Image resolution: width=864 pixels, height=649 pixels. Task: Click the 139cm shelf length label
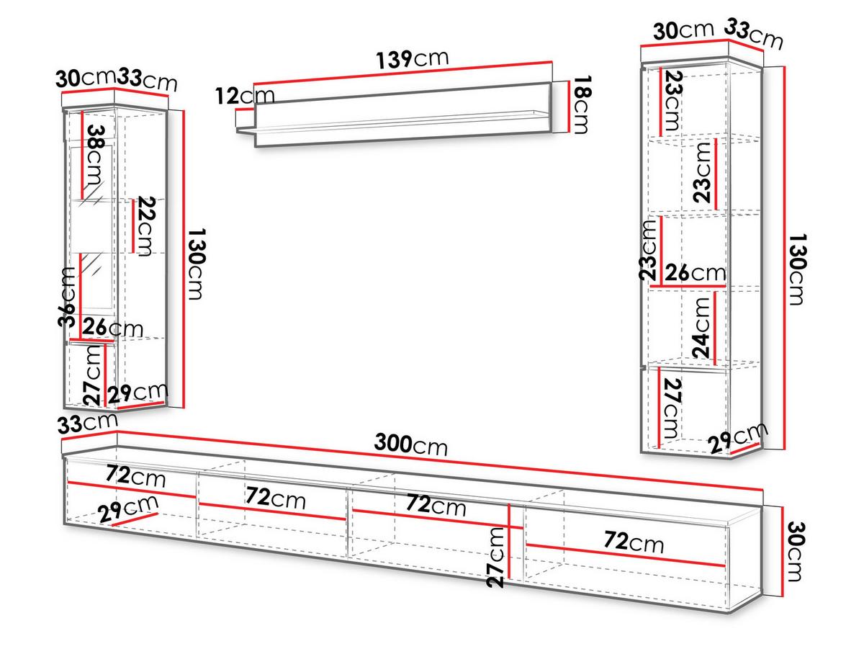pos(412,59)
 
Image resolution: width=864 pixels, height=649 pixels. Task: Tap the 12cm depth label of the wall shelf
pos(245,96)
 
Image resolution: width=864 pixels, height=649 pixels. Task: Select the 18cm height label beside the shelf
pos(582,104)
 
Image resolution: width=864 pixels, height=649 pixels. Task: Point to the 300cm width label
pos(410,444)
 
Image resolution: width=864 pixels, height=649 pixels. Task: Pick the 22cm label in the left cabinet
pos(146,226)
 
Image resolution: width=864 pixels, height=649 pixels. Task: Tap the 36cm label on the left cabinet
pos(66,297)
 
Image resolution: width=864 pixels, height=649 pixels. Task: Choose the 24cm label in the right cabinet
pos(701,328)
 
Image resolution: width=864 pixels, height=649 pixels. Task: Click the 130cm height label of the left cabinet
pos(196,264)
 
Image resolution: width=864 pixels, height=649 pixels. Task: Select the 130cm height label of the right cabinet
pos(798,269)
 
